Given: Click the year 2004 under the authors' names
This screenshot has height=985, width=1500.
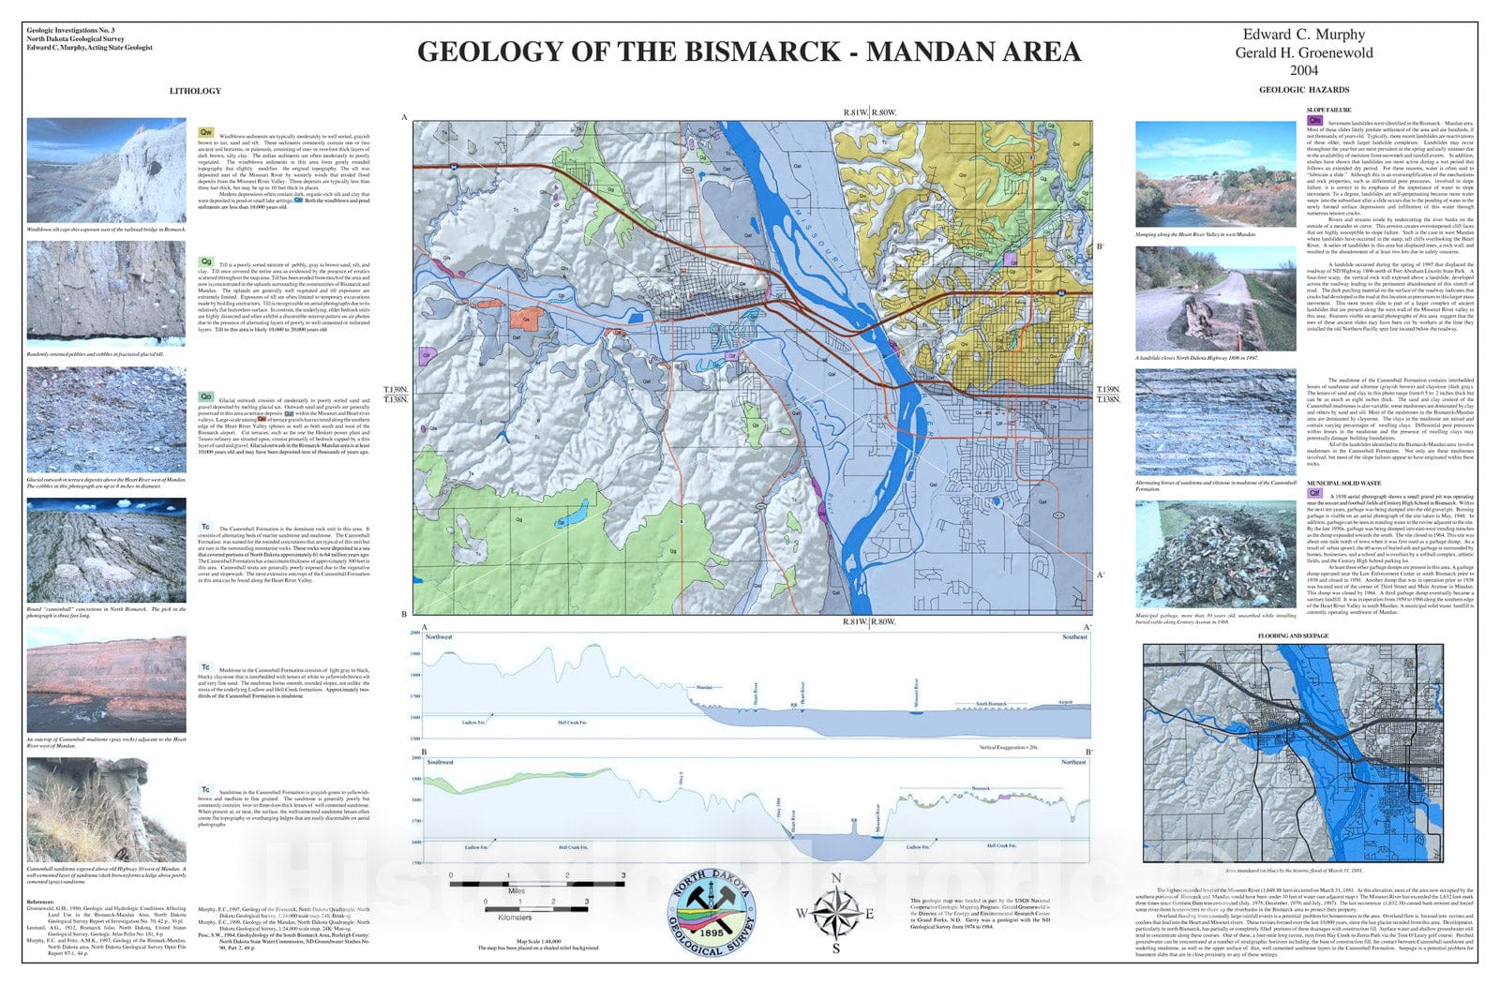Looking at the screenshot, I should coord(1303,70).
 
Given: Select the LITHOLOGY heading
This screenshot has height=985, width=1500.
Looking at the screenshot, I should coord(195,91).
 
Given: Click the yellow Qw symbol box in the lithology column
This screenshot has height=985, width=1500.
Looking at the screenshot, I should coord(205,132).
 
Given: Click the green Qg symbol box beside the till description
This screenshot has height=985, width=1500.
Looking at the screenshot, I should coord(205,261).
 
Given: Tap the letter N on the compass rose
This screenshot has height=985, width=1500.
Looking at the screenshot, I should coord(836,877).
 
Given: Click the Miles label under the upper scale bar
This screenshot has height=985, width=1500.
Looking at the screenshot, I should coord(517,891).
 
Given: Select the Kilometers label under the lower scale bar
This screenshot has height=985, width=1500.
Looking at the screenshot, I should coord(515,918).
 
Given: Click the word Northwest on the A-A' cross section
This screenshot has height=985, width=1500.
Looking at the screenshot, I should coord(439,637).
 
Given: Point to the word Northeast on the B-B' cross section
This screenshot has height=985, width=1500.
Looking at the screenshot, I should coord(1073,762).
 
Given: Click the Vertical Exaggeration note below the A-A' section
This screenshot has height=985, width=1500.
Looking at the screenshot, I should coord(1009,748).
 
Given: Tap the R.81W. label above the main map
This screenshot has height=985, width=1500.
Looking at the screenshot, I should coord(854,112).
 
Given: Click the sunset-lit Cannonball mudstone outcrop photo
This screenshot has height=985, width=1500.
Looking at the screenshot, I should coord(106,680).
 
